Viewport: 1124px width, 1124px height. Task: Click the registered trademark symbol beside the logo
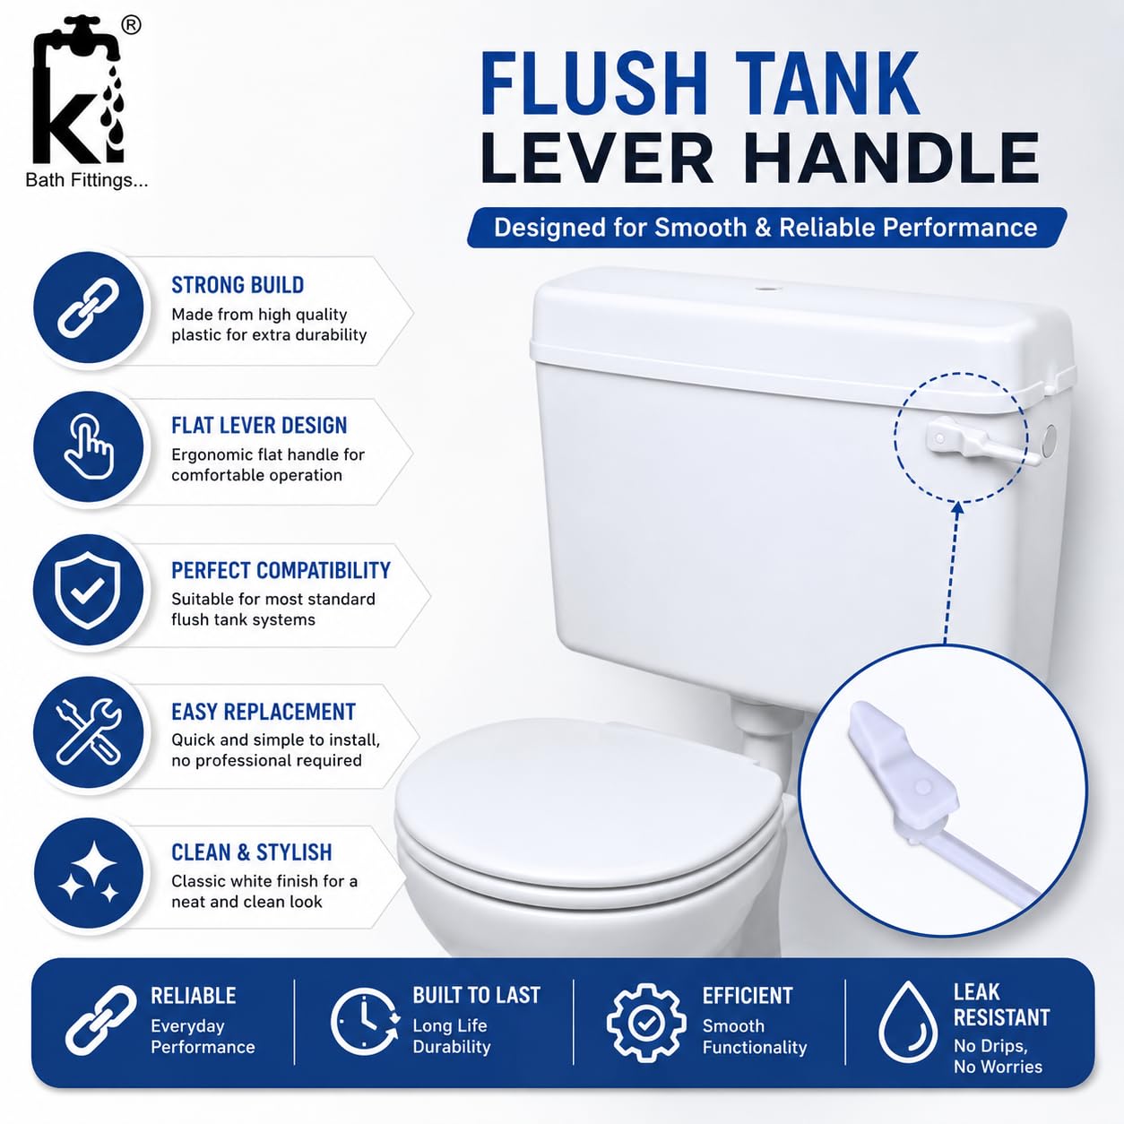coord(131,26)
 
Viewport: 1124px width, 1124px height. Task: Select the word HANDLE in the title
coord(893,158)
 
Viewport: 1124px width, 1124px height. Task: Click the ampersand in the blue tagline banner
coord(763,228)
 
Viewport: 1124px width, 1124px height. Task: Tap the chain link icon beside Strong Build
coord(89,307)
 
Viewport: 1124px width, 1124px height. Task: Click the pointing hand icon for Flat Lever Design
coord(89,446)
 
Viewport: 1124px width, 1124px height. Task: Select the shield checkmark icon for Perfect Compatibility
coord(88,590)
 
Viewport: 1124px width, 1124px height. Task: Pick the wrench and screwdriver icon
coord(89,731)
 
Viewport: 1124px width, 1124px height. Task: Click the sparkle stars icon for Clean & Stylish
coord(89,873)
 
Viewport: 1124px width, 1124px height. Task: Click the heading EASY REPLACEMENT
coord(263,712)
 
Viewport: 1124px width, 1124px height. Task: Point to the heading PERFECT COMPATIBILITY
coord(281,570)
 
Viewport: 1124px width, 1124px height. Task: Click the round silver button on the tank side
coord(1050,440)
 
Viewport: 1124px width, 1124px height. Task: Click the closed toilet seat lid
coord(588,808)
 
